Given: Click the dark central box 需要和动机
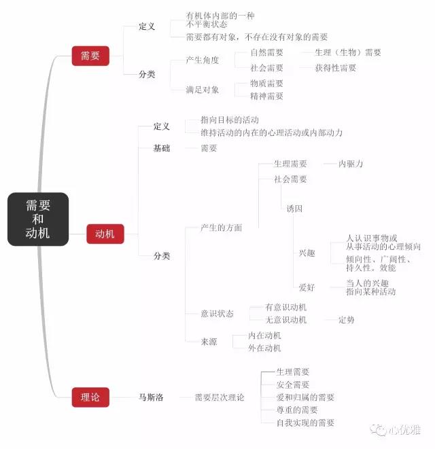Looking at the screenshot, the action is pyautogui.click(x=38, y=219).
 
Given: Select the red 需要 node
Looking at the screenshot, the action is pyautogui.click(x=90, y=56).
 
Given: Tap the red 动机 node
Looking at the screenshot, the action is pyautogui.click(x=105, y=235).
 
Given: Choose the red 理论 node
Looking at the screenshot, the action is pyautogui.click(x=90, y=397).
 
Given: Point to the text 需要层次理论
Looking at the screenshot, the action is pyautogui.click(x=219, y=397).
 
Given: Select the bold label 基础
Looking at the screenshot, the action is pyautogui.click(x=162, y=148).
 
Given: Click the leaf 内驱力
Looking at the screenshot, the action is pyautogui.click(x=351, y=164).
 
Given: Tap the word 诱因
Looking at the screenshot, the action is pyautogui.click(x=294, y=209).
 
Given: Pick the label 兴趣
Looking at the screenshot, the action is pyautogui.click(x=307, y=253).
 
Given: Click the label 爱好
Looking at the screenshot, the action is pyautogui.click(x=307, y=287).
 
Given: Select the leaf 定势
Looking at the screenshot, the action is pyautogui.click(x=347, y=319).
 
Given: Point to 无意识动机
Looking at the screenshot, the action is pyautogui.click(x=285, y=319).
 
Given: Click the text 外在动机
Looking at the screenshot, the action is pyautogui.click(x=264, y=348).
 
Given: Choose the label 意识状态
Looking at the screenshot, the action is pyautogui.click(x=217, y=313).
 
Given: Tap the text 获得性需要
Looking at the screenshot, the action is pyautogui.click(x=336, y=68).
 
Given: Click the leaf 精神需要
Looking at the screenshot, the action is pyautogui.click(x=266, y=96).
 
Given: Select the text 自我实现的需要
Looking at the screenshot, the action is pyautogui.click(x=305, y=423).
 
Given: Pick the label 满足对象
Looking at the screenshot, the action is pyautogui.click(x=203, y=90).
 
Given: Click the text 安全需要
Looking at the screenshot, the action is pyautogui.click(x=293, y=384).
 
